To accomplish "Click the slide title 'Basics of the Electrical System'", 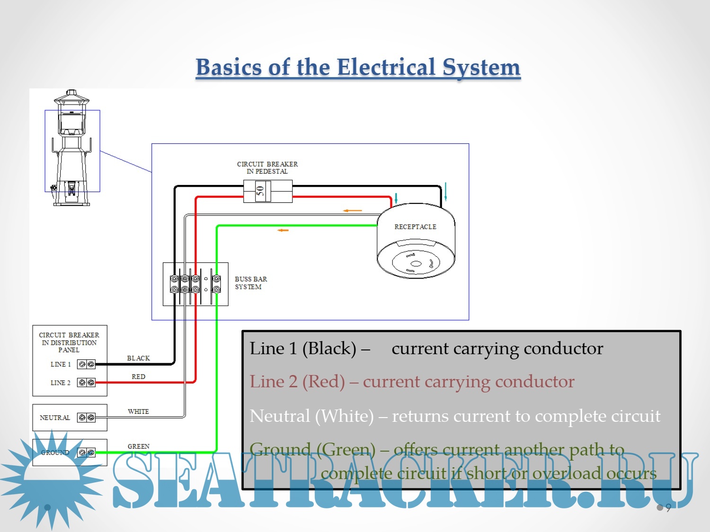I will pos(358,67).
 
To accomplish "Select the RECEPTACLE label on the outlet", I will pos(415,227).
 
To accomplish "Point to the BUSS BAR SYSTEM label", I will pos(250,283).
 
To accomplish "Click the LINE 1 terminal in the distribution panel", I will pos(86,364).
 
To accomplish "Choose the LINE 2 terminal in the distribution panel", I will pos(86,383).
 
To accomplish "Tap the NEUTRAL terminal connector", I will pos(86,418).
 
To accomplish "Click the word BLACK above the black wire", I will pos(138,358).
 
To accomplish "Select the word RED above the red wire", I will pos(138,377).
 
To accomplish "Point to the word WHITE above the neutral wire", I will pos(138,412).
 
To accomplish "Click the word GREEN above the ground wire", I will pos(138,446).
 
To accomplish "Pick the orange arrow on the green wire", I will pos(283,230).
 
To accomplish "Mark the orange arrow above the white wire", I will pos(352,210).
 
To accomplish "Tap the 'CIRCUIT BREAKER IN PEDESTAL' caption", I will pos(267,168).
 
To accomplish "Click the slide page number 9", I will pos(668,508).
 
